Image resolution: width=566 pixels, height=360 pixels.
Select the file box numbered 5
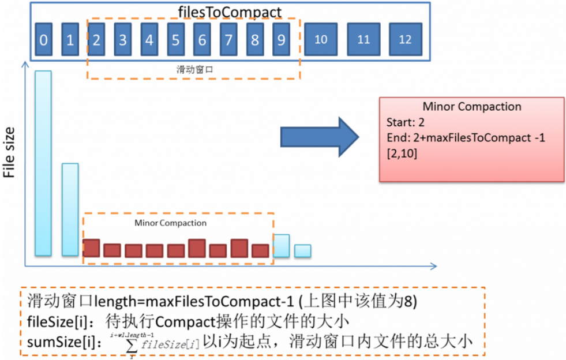175,39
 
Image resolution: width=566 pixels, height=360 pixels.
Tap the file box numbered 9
281,39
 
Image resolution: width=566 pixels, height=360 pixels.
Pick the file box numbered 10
321,39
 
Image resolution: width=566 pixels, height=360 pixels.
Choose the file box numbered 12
405,39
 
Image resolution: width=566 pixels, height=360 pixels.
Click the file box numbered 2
96,39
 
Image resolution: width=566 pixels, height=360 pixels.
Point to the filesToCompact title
230,12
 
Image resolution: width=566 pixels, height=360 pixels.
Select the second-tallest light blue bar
70,209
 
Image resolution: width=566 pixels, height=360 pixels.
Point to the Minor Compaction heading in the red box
471,107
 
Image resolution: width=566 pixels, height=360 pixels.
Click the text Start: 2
404,122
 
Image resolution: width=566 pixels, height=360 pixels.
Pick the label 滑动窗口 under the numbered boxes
194,69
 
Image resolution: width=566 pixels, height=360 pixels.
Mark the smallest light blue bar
302,250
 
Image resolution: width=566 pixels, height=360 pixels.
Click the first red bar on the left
91,247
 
